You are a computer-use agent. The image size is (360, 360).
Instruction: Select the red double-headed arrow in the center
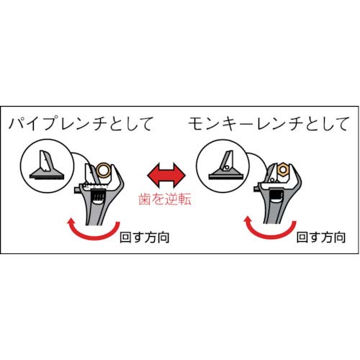click(166, 175)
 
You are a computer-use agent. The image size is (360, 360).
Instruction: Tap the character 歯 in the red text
click(145, 200)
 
